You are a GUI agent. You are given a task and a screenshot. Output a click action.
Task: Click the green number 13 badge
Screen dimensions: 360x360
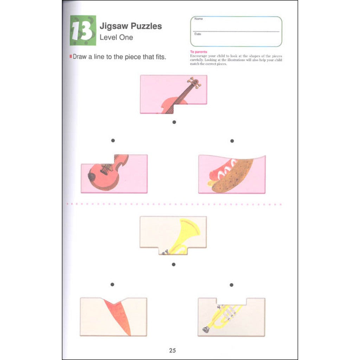pyautogui.click(x=83, y=31)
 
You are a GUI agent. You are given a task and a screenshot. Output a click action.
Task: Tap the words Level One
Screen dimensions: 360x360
pyautogui.click(x=116, y=37)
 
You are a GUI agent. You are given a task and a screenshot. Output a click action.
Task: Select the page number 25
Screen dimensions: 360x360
pyautogui.click(x=172, y=350)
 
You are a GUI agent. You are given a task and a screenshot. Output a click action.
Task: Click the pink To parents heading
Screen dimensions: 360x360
pyautogui.click(x=199, y=52)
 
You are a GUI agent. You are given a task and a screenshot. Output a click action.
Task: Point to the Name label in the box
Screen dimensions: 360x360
pyautogui.click(x=198, y=19)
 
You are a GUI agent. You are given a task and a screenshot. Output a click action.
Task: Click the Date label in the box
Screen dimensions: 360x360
pyautogui.click(x=197, y=34)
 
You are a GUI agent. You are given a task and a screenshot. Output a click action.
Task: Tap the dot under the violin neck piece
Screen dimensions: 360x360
pyautogui.click(x=174, y=122)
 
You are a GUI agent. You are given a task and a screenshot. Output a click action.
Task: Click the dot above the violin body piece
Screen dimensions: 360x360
pyautogui.click(x=113, y=141)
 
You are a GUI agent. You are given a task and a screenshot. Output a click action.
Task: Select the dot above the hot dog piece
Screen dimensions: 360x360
pyautogui.click(x=232, y=141)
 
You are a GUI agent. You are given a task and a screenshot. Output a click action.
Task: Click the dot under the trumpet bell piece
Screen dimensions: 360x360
pyautogui.click(x=173, y=264)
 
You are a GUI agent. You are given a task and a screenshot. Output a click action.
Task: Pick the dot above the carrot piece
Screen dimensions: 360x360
pyautogui.click(x=112, y=284)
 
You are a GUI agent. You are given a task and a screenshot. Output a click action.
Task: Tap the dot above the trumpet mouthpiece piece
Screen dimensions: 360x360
pyautogui.click(x=231, y=285)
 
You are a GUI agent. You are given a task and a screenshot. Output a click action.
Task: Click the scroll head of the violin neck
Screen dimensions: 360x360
pyautogui.click(x=194, y=82)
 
